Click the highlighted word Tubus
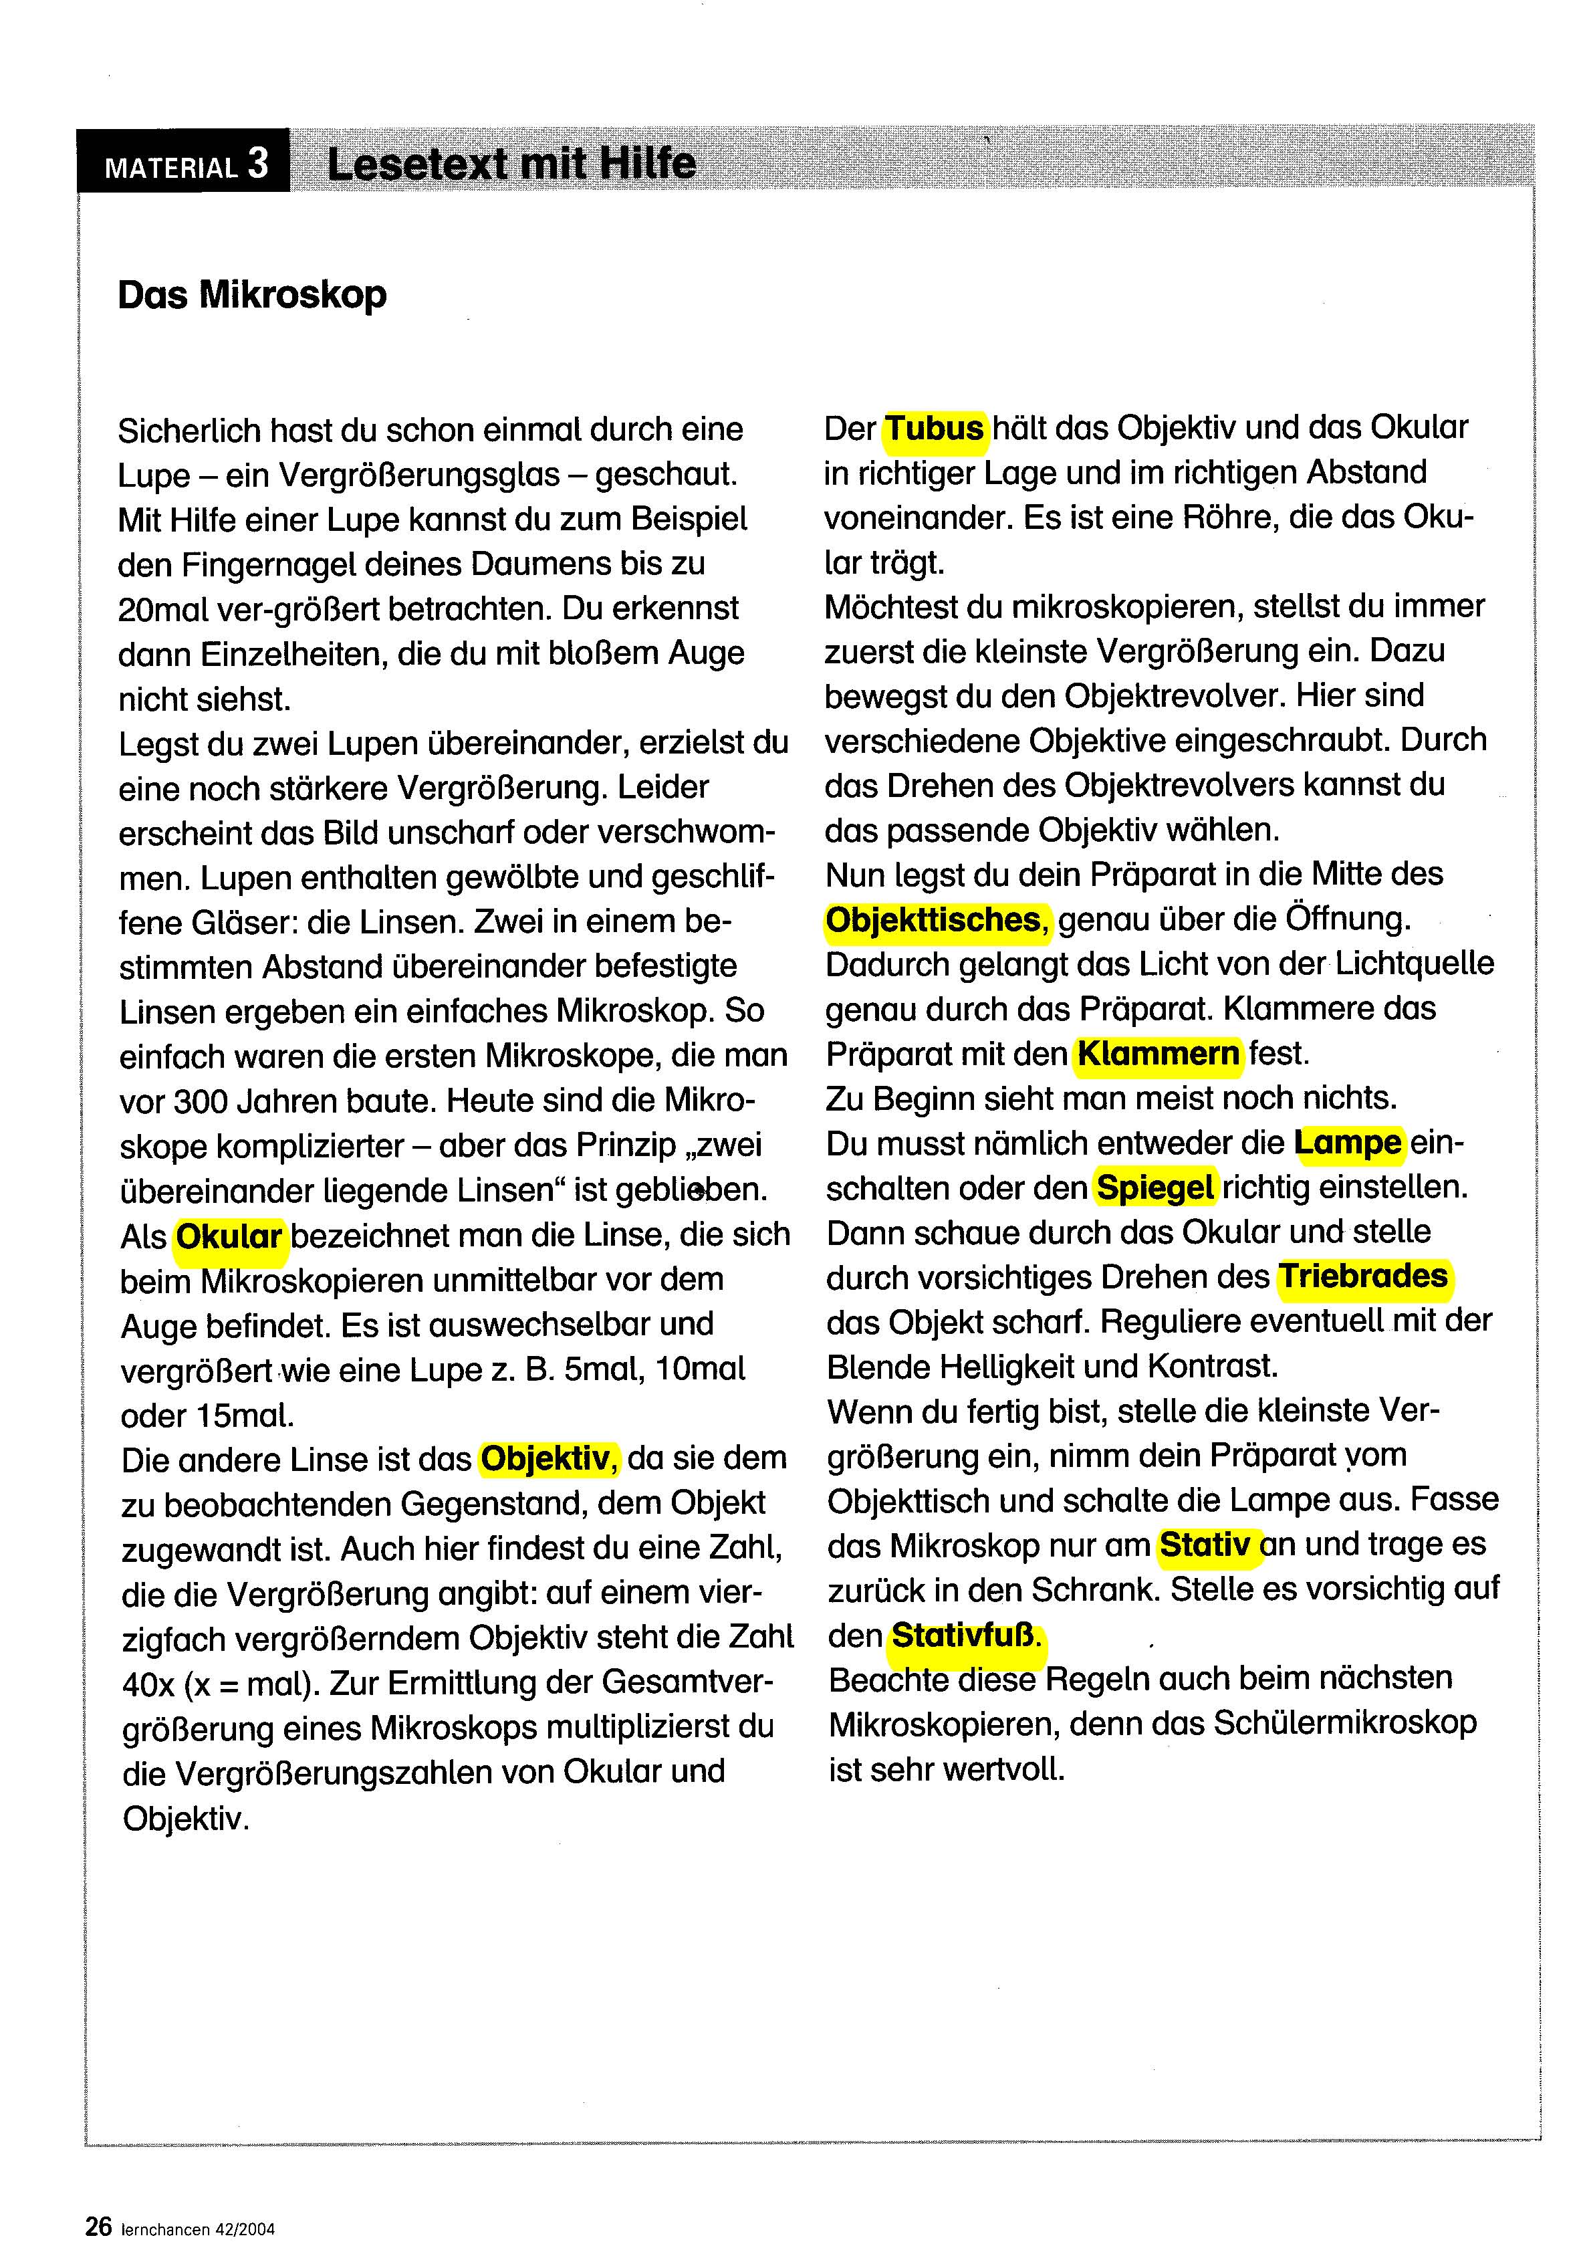(x=934, y=429)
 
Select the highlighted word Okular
(x=229, y=1236)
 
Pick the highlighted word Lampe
(x=1347, y=1143)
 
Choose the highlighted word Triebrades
(x=1363, y=1276)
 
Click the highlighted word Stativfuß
(x=965, y=1636)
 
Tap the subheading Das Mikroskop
(x=251, y=295)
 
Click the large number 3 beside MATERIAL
(x=259, y=163)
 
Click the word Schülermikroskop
(x=1344, y=1723)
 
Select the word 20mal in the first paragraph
(x=163, y=610)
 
